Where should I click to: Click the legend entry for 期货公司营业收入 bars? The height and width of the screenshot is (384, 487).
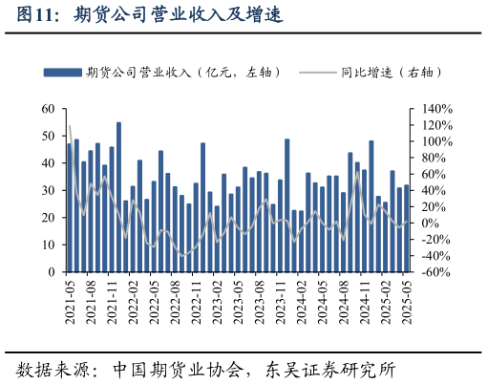(x=124, y=72)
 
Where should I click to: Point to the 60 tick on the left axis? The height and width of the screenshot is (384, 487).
(x=48, y=109)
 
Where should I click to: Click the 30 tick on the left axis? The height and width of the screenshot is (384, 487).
(x=48, y=190)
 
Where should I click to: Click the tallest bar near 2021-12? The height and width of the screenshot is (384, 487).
(x=118, y=196)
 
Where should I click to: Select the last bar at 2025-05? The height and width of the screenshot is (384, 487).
(x=406, y=229)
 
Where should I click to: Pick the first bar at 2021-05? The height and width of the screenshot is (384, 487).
(x=69, y=205)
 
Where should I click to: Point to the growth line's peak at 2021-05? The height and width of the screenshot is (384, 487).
(x=70, y=126)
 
